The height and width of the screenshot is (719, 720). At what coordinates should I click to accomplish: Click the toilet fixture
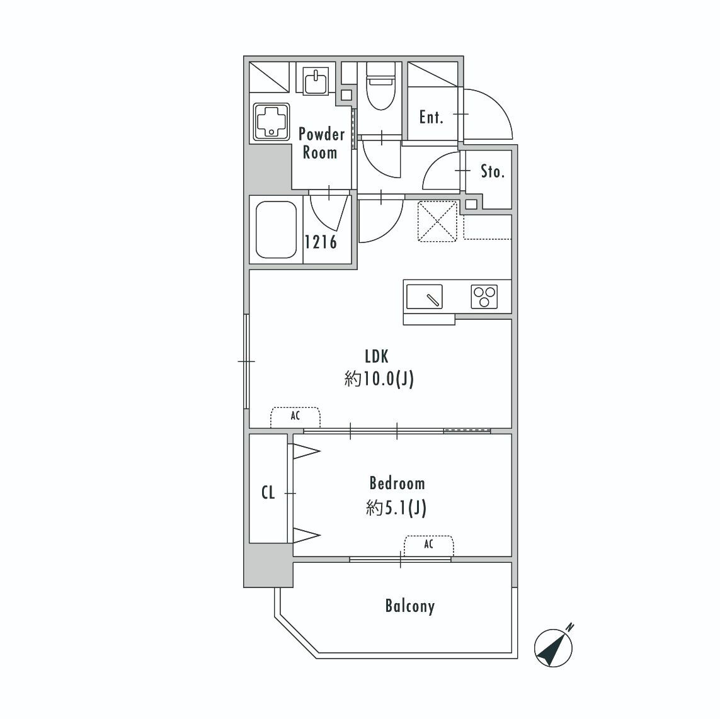point(380,86)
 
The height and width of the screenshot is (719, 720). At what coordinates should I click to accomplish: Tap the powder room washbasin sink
point(316,81)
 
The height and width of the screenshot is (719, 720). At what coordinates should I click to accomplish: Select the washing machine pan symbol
point(271,122)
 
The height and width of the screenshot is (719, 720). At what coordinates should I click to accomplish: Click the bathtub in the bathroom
point(276,230)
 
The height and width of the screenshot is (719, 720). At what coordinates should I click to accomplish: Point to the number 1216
point(321,242)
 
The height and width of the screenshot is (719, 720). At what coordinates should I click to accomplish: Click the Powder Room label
point(321,143)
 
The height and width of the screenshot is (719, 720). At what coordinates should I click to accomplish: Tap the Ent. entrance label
point(431,118)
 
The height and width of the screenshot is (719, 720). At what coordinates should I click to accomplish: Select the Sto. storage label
point(493,172)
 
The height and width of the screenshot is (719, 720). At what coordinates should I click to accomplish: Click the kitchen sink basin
point(425,297)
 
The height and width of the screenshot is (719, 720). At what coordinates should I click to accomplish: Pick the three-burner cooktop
point(484,297)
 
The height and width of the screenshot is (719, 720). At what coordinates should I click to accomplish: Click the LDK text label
point(377,356)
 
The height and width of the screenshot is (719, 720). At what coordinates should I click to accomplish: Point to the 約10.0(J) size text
point(379,379)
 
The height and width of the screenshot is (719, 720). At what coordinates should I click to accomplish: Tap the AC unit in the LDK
point(295,417)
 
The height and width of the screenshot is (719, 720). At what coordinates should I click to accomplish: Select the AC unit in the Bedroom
point(429,546)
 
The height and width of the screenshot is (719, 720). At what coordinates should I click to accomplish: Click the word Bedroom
point(397,483)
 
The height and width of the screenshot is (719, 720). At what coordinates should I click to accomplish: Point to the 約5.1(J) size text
point(396,508)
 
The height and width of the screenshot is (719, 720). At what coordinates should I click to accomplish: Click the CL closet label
point(268,493)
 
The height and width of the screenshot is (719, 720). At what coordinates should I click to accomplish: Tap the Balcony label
point(409,606)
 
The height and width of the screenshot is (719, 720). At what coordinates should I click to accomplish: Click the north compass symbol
point(554,647)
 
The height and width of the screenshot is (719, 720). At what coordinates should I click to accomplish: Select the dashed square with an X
point(437,221)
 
